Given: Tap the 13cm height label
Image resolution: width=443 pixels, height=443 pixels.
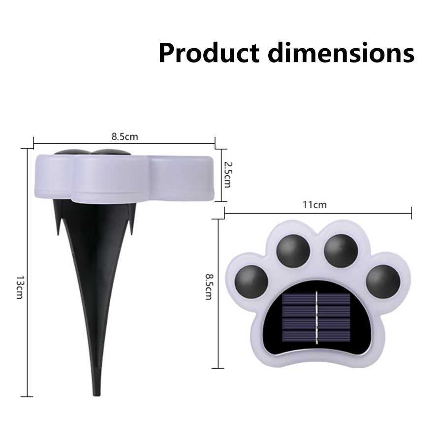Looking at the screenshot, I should (x=20, y=288).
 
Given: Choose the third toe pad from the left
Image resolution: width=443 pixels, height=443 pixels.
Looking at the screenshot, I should (x=341, y=251).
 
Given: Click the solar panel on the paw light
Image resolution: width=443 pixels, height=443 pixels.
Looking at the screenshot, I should (x=316, y=318).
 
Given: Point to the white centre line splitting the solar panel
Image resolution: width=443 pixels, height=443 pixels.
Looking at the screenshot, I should (x=316, y=318).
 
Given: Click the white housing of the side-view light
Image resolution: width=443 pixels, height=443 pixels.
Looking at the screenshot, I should (x=123, y=177).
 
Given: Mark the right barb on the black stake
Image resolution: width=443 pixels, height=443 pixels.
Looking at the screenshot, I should (x=132, y=217).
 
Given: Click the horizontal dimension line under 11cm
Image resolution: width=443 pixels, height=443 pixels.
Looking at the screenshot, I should (x=317, y=213).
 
